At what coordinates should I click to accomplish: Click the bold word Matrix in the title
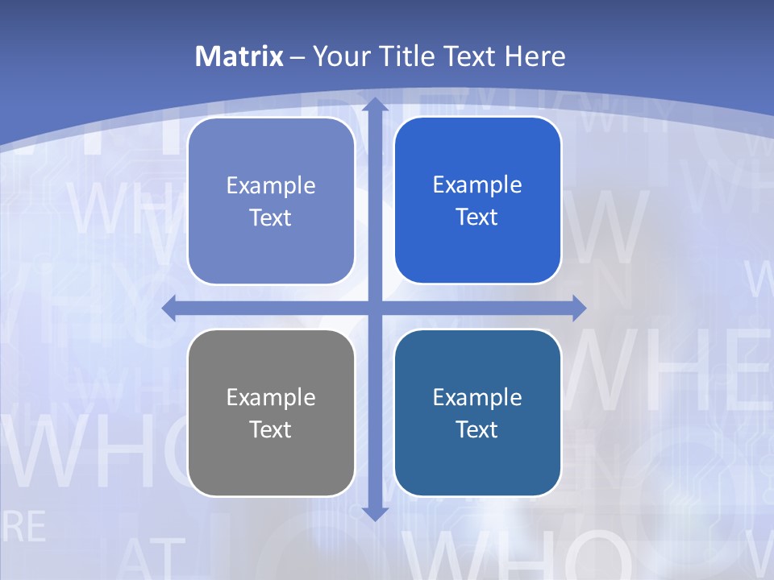click(239, 56)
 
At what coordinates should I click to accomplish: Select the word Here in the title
click(535, 56)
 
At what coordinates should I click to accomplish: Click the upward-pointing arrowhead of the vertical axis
click(375, 105)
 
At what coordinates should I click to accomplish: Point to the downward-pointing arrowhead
click(375, 513)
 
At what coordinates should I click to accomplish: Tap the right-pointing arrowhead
click(579, 308)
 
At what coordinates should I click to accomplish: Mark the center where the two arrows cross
click(375, 308)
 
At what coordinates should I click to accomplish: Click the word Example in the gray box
click(271, 397)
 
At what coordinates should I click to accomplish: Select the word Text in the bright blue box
click(477, 217)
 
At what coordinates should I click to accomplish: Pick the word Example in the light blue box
click(271, 185)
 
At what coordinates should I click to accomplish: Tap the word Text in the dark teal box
click(477, 429)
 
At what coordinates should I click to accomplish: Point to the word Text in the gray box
click(271, 429)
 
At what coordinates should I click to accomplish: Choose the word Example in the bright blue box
click(477, 184)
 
